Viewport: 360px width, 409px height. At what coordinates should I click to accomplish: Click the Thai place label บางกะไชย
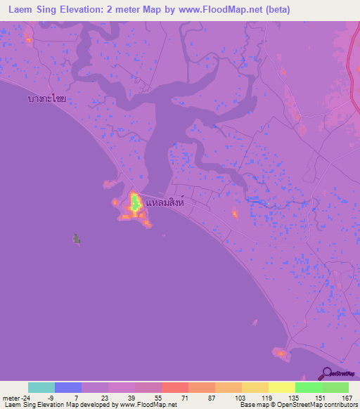click(x=47, y=99)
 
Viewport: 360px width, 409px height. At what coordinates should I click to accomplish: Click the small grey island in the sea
click(x=76, y=239)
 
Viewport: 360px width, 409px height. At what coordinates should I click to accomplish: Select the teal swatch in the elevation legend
click(x=41, y=387)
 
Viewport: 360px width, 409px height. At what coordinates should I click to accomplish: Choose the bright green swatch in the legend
click(x=309, y=387)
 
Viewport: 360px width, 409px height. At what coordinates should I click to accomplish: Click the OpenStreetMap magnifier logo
click(x=327, y=373)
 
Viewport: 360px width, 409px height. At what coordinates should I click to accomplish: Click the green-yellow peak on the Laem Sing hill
click(x=134, y=204)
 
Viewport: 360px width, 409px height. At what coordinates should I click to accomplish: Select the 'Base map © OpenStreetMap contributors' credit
click(x=298, y=405)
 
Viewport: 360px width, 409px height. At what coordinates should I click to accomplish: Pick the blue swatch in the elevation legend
click(x=68, y=387)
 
